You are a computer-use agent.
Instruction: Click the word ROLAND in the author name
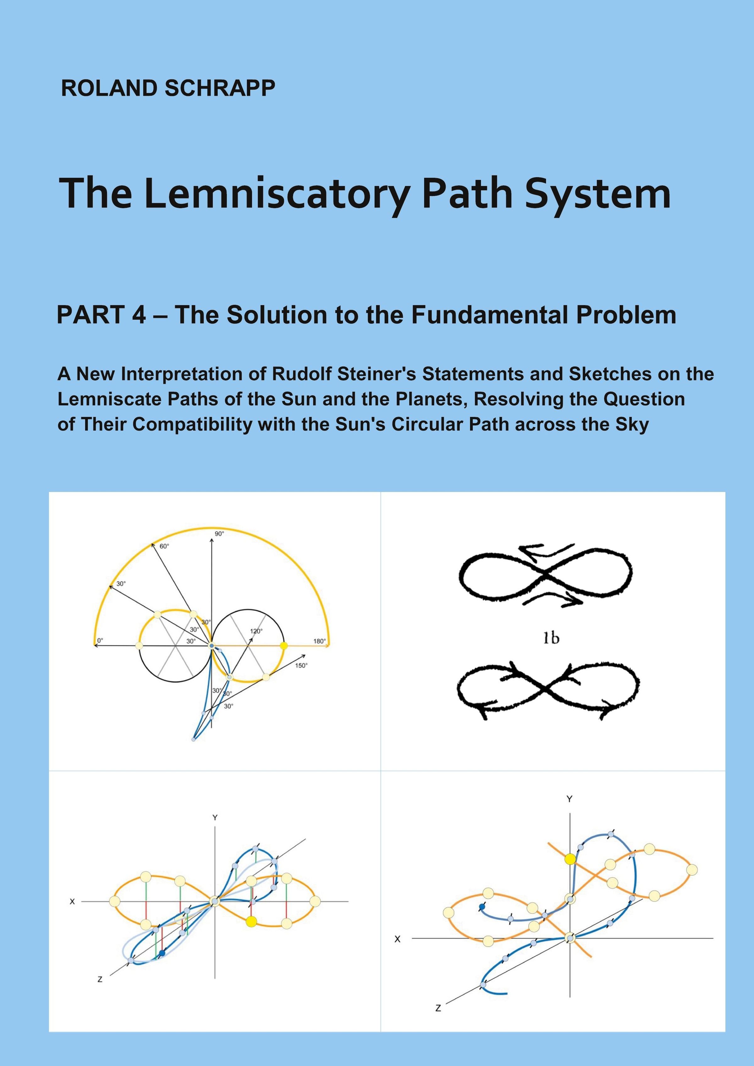click(x=110, y=88)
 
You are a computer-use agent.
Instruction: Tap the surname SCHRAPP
click(x=220, y=88)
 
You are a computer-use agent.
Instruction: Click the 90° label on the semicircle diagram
click(x=219, y=533)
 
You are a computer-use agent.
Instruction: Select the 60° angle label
click(x=164, y=546)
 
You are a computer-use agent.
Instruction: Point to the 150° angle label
click(x=301, y=665)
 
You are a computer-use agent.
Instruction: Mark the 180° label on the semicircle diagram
click(x=319, y=641)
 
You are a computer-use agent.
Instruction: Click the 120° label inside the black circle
click(x=256, y=631)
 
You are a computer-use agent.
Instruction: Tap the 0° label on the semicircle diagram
click(x=99, y=641)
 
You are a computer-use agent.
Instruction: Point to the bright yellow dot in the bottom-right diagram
click(x=570, y=859)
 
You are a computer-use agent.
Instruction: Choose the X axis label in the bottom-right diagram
click(x=397, y=939)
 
